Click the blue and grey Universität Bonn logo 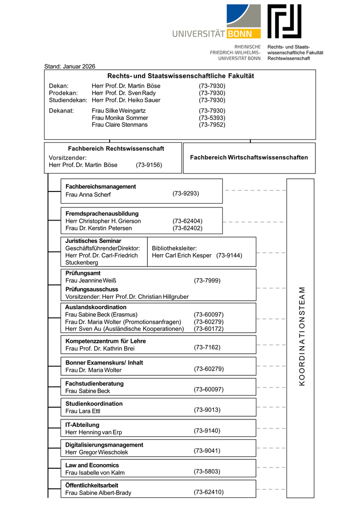217,22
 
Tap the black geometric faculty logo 285,21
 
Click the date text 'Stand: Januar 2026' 69,67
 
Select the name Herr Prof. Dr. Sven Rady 124,93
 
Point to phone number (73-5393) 212,118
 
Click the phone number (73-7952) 212,125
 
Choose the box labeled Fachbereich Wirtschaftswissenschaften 249,158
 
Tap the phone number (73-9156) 149,165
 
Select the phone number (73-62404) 187,221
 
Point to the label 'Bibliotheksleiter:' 174,248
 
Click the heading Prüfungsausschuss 92,289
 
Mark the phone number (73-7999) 207,281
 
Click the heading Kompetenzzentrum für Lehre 105,341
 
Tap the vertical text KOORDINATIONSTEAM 301,336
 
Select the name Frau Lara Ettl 83,411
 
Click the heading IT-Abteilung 82,425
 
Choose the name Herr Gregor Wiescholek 97,452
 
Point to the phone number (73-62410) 209,492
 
